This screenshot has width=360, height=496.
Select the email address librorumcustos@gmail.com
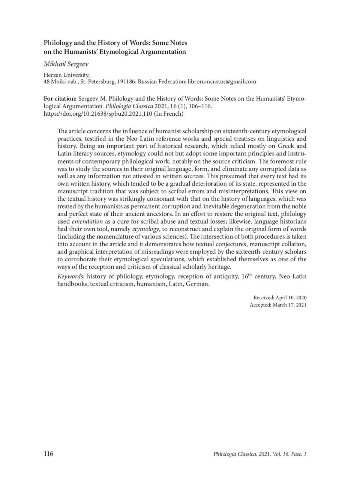[222, 82]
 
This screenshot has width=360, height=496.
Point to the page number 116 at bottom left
[48, 454]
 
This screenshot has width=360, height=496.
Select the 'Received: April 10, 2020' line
[280, 298]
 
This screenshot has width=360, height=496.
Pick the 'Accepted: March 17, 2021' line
[278, 305]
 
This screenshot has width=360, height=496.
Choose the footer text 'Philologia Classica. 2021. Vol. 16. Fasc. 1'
[259, 454]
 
